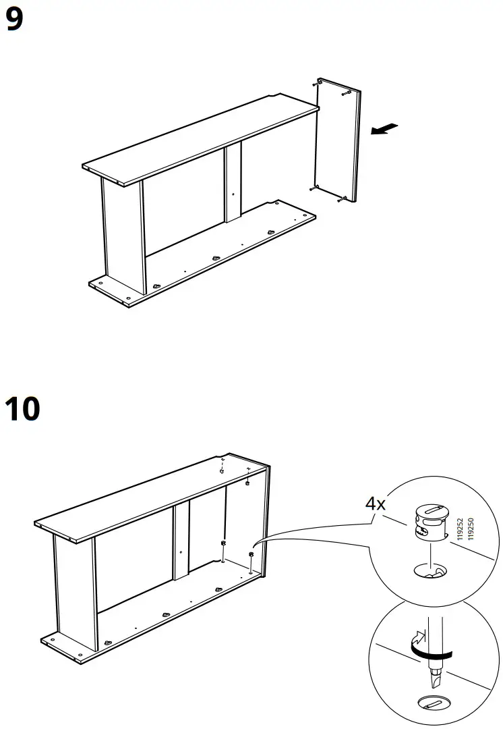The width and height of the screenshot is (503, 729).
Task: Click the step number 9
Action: click(x=14, y=20)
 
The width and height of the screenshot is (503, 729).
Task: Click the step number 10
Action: click(x=22, y=410)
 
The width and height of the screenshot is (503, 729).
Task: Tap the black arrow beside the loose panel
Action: click(x=384, y=128)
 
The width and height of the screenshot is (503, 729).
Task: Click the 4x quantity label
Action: click(x=376, y=503)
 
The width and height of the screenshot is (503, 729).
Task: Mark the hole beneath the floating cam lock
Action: click(x=429, y=571)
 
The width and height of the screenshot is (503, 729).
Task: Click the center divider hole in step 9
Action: click(x=233, y=194)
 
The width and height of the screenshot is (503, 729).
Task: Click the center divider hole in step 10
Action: click(x=181, y=552)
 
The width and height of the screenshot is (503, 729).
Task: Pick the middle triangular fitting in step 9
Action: click(x=215, y=258)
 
